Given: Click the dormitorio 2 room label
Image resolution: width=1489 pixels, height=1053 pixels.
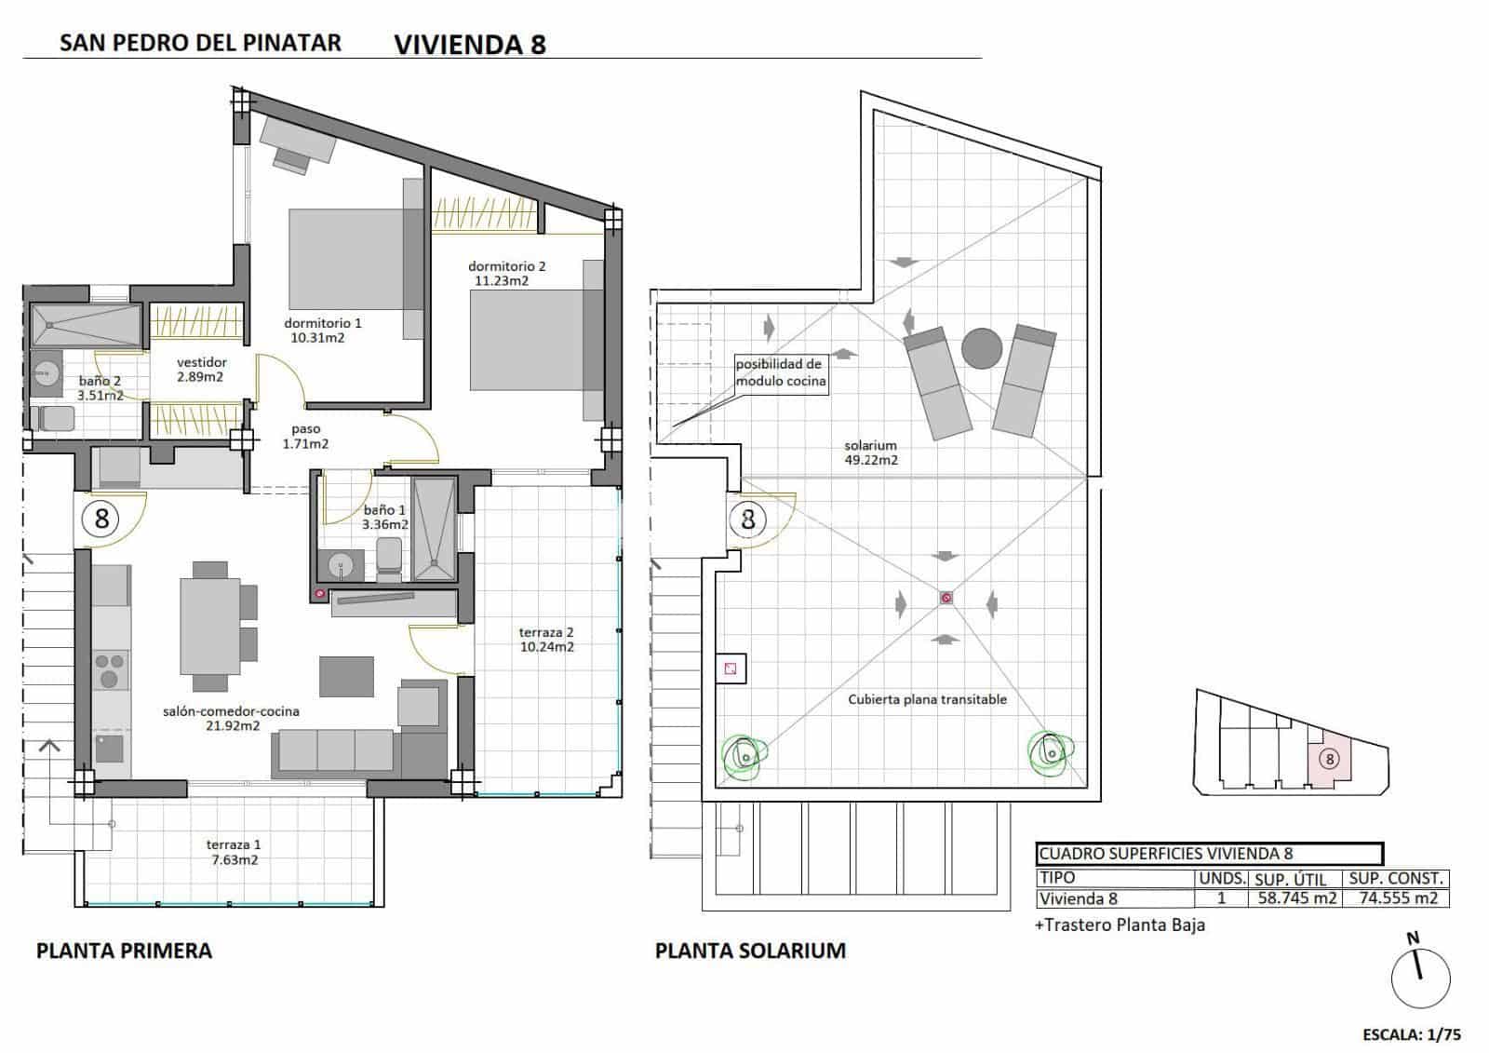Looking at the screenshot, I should click(x=506, y=266).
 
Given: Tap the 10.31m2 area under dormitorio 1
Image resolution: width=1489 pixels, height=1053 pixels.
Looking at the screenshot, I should click(x=317, y=338).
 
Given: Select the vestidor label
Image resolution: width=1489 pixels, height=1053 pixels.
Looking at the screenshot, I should click(x=201, y=362).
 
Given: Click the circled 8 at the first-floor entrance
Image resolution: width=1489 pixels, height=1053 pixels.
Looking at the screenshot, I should click(x=101, y=518).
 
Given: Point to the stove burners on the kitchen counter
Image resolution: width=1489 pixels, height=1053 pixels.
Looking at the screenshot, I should click(x=111, y=669).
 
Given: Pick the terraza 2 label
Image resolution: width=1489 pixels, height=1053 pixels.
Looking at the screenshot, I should click(x=545, y=633).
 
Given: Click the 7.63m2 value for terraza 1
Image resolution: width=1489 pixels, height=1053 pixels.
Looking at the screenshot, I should click(x=234, y=860).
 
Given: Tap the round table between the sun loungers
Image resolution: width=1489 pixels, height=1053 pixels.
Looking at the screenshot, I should click(x=981, y=348).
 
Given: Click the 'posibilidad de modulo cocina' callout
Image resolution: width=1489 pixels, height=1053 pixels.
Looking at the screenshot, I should click(x=780, y=372).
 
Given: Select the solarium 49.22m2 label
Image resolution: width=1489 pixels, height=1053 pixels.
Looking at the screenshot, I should click(x=870, y=452).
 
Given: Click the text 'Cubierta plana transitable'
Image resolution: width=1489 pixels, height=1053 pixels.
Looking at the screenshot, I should click(x=927, y=699).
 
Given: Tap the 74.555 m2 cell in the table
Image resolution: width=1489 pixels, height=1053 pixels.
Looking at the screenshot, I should click(x=1395, y=898).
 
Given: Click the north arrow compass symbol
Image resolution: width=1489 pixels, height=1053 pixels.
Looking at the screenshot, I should click(x=1420, y=978).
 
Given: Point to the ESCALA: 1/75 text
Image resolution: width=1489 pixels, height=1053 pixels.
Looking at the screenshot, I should click(x=1411, y=1034).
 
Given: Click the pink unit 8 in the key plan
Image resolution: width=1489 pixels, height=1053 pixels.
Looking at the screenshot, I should click(x=1329, y=759).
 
